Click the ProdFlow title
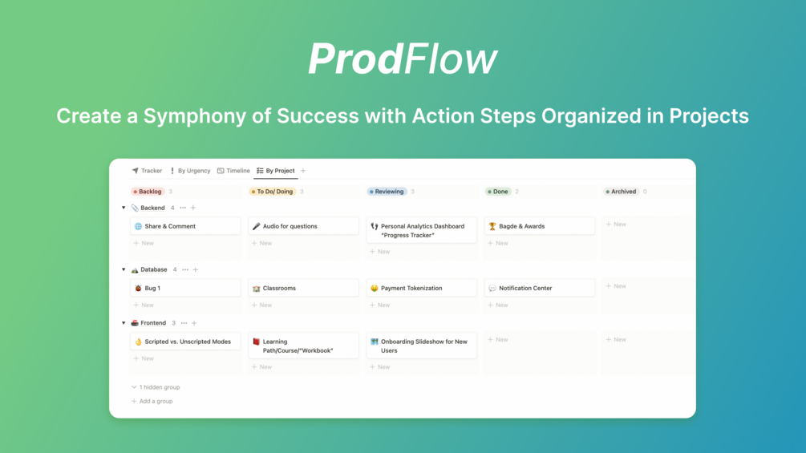point(403,59)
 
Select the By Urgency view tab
point(190,171)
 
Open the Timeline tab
point(233,171)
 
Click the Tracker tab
point(147,171)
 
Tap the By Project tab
point(276,171)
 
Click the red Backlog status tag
point(148,192)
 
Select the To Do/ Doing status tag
point(272,192)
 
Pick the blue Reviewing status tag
point(387,192)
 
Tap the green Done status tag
point(497,192)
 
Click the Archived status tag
point(621,192)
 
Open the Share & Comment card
point(185,226)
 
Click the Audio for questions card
point(303,226)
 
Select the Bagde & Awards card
point(539,226)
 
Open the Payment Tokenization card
point(422,288)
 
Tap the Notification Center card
point(539,288)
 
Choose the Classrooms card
point(303,288)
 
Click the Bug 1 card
point(185,288)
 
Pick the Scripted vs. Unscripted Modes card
point(185,342)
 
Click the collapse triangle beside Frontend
point(124,323)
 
